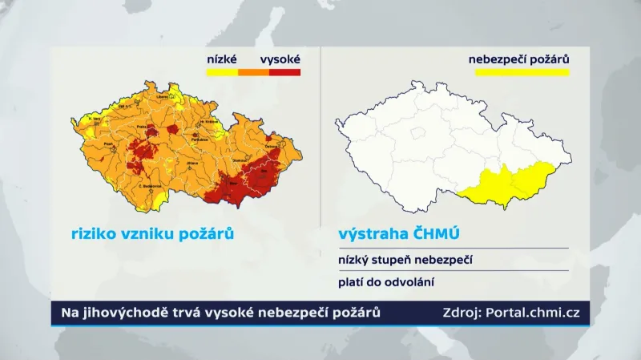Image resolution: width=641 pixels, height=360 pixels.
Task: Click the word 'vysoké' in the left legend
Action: pyautogui.click(x=280, y=59)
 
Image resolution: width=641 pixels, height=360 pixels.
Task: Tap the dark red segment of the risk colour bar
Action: pyautogui.click(x=284, y=72)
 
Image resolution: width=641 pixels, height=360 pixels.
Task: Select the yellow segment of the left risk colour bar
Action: pyautogui.click(x=222, y=72)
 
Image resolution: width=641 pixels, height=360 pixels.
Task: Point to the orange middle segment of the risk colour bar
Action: pyautogui.click(x=253, y=72)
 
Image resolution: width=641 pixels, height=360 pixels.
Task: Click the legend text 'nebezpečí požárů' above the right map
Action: pyautogui.click(x=518, y=59)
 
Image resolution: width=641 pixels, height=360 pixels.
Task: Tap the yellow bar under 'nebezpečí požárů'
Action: pyautogui.click(x=522, y=72)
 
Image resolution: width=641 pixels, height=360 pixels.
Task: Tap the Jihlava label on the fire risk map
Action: pyautogui.click(x=191, y=163)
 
